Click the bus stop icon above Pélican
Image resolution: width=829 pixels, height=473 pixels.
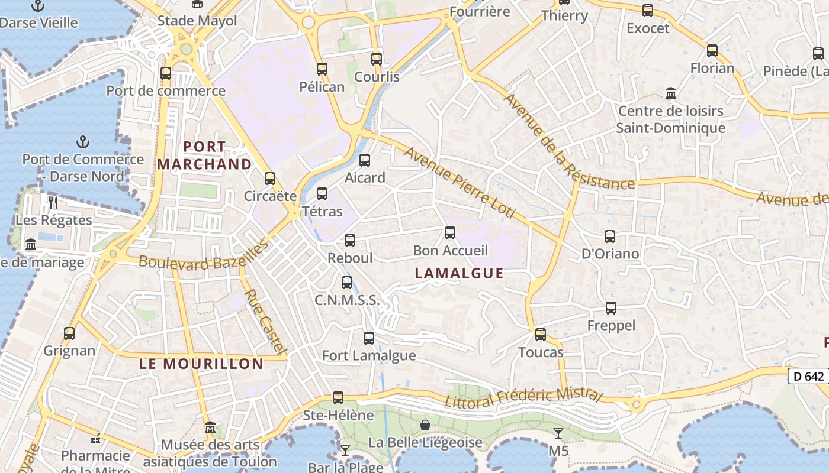(322, 69)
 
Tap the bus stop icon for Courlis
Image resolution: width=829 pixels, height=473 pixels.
(377, 59)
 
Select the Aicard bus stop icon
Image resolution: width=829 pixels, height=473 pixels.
(365, 160)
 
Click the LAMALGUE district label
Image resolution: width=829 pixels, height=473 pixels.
(460, 273)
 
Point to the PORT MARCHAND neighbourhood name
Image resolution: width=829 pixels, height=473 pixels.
(204, 155)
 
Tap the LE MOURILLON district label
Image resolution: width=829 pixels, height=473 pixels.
(201, 364)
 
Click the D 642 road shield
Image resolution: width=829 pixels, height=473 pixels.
(808, 376)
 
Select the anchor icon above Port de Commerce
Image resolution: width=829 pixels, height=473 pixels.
(83, 142)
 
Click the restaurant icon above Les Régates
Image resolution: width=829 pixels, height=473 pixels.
(54, 203)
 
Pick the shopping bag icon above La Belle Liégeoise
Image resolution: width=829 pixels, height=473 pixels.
(425, 425)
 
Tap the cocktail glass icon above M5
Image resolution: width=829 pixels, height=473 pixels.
(558, 433)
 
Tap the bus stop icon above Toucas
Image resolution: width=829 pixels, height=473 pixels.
(541, 335)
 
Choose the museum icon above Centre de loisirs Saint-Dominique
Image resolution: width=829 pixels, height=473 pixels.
(671, 93)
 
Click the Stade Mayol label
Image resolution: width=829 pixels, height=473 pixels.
(197, 21)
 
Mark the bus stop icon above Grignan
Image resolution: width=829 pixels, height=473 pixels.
(69, 333)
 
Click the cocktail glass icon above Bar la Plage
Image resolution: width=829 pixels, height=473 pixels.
(345, 451)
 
